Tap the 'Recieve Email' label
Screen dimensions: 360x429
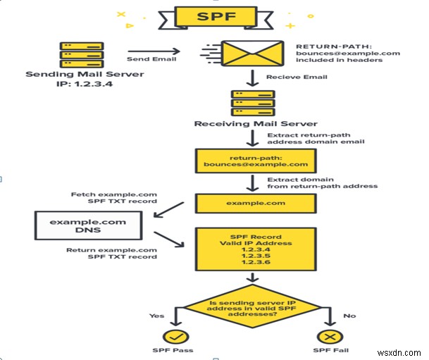pyautogui.click(x=287, y=77)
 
